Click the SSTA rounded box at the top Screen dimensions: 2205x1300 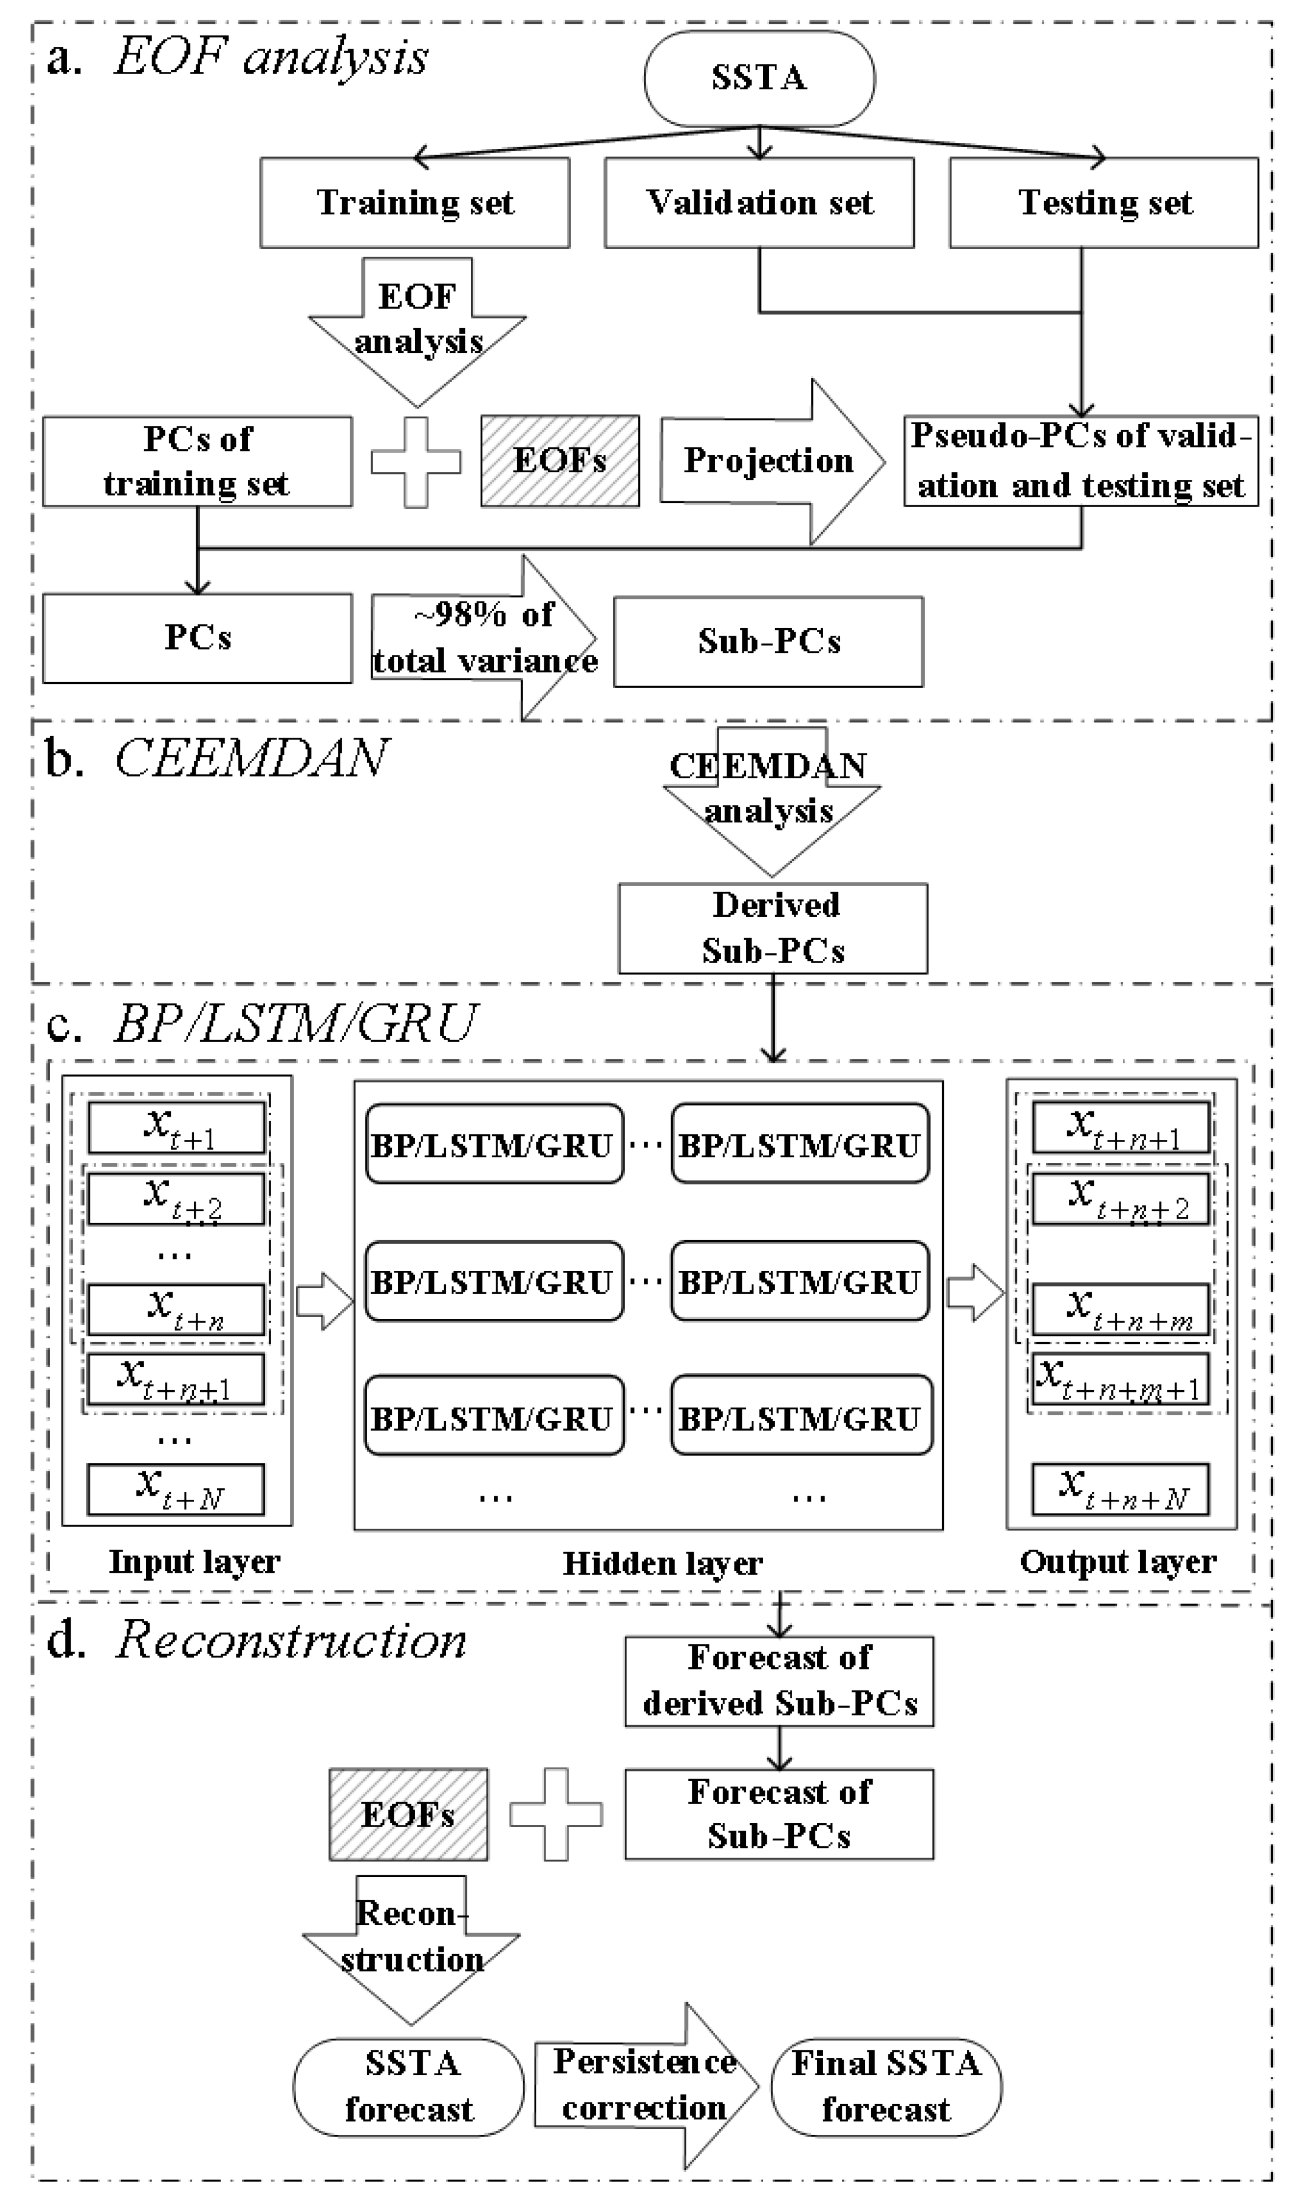pyautogui.click(x=759, y=78)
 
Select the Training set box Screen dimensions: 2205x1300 pyautogui.click(x=415, y=202)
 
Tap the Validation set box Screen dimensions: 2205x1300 pyautogui.click(x=759, y=202)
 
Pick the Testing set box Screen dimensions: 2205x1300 pyautogui.click(x=1104, y=202)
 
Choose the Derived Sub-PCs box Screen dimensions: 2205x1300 pyautogui.click(x=772, y=928)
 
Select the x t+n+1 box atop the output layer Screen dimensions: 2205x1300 pyautogui.click(x=1120, y=1127)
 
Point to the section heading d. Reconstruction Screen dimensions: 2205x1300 pyautogui.click(x=256, y=1640)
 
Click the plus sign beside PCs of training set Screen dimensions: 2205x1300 pyautogui.click(x=416, y=462)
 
